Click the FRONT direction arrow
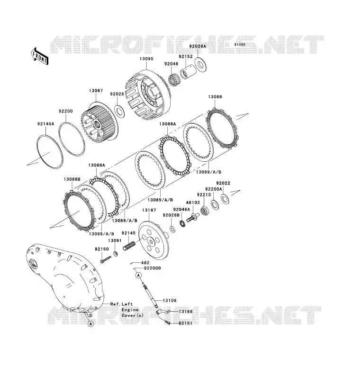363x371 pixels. [x=40, y=56]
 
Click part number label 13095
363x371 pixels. [x=146, y=59]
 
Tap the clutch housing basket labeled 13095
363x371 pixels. [x=148, y=94]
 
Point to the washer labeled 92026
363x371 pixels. [x=120, y=111]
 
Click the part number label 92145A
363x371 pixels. [x=46, y=124]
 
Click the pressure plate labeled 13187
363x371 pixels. [x=154, y=240]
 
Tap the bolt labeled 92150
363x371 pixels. [x=106, y=260]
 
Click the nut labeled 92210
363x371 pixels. [x=204, y=209]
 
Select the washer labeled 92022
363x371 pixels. [x=225, y=198]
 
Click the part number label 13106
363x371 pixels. [x=170, y=300]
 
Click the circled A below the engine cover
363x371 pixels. [x=91, y=324]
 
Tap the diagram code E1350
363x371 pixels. [x=240, y=45]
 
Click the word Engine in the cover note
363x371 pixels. [x=130, y=310]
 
